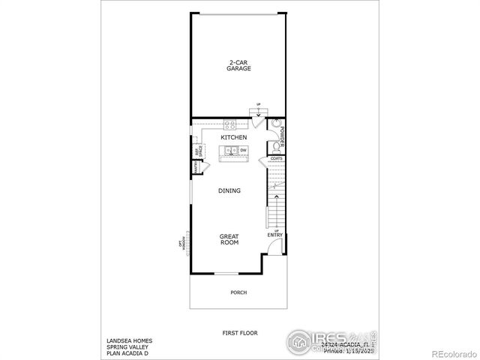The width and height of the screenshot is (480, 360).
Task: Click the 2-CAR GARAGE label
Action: point(239,65)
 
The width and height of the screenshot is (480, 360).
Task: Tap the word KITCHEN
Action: point(234,138)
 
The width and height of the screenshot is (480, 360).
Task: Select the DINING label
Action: point(229,190)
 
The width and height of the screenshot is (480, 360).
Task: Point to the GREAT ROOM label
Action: point(229,240)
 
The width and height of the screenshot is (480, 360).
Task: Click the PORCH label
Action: point(238,292)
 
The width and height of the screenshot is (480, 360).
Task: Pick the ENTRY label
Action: point(275,235)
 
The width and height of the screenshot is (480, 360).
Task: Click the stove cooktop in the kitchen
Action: point(230,125)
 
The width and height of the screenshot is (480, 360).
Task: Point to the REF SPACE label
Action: point(199,152)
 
